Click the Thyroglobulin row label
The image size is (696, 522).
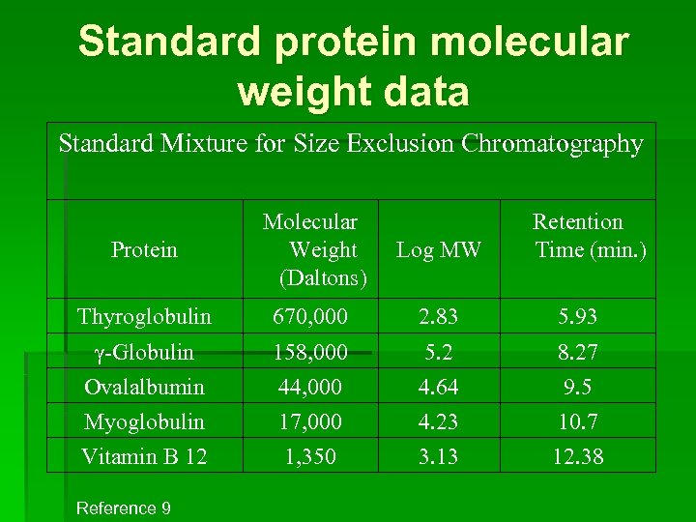click(144, 316)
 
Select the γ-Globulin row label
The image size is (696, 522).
click(144, 352)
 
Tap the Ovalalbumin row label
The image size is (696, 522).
click(144, 387)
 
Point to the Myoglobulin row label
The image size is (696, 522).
click(144, 421)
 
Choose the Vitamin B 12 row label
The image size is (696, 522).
click(144, 456)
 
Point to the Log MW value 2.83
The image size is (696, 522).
click(438, 316)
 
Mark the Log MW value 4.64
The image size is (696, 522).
click(438, 387)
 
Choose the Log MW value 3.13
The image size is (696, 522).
click(438, 456)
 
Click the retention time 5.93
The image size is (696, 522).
click(578, 316)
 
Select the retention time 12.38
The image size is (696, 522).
click(578, 456)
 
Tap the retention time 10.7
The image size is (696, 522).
click(578, 421)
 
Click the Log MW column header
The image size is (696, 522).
click(438, 250)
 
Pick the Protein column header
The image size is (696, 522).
click(144, 250)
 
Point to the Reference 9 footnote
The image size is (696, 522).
click(123, 507)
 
